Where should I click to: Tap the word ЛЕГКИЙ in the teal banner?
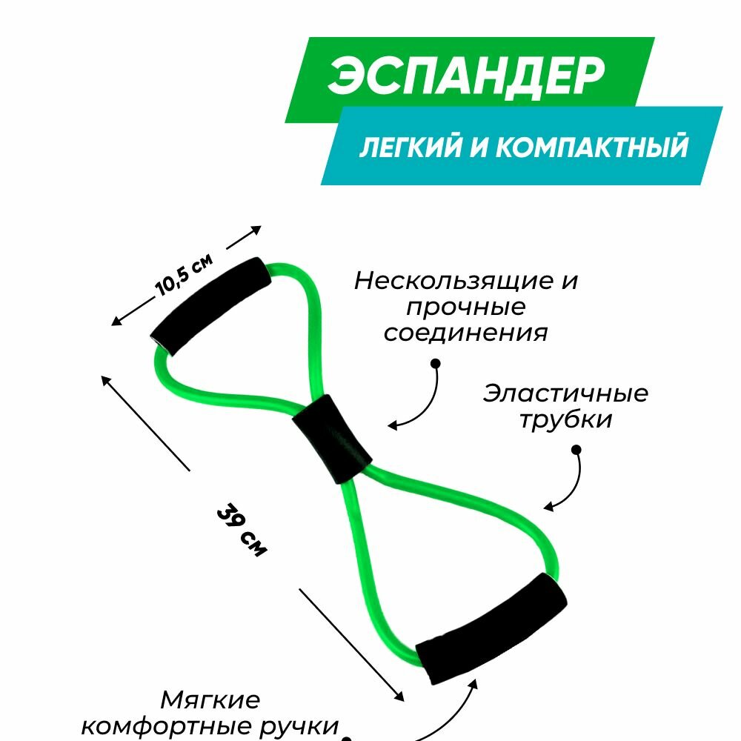point(407,147)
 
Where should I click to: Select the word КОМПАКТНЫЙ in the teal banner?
point(590,147)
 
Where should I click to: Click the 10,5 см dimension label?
point(185,276)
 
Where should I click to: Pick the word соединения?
point(465,333)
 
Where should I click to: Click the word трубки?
point(565,420)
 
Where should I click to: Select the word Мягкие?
point(210,700)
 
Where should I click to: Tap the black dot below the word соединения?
point(435,363)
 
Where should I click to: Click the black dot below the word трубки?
point(576,449)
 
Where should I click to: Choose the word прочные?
point(465,308)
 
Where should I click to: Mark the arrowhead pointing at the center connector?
point(392,426)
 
